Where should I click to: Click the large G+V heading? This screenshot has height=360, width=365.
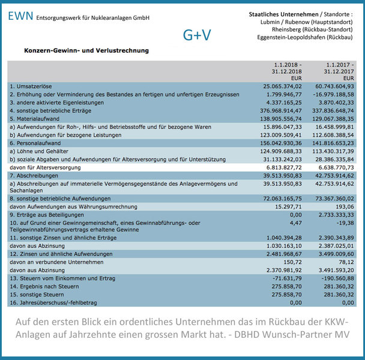[197, 35]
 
